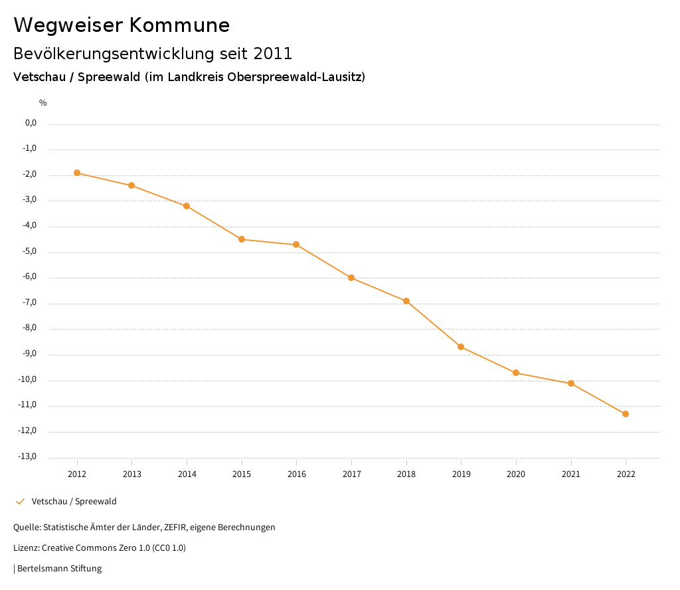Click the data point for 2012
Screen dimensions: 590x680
coord(77,173)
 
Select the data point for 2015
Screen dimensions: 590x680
coord(242,239)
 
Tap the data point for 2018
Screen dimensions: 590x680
coord(406,301)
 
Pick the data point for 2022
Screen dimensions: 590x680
coord(626,414)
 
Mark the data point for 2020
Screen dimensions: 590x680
coord(516,373)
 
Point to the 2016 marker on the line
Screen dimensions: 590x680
coord(296,245)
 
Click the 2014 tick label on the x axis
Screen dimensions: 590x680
coord(187,474)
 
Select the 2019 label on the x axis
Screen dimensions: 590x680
coord(461,474)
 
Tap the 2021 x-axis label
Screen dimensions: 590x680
coord(571,474)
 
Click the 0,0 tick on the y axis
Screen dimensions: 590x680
coord(31,123)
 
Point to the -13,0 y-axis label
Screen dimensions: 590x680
coord(27,456)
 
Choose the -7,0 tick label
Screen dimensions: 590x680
coord(29,302)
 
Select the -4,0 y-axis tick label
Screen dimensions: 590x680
coord(29,225)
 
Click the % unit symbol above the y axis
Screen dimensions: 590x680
coord(43,102)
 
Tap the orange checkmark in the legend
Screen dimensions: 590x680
coord(20,501)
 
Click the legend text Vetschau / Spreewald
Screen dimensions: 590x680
coord(74,501)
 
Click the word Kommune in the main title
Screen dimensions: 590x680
coord(179,25)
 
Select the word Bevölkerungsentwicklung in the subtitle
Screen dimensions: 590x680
coord(107,53)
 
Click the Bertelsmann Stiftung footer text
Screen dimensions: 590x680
coord(59,568)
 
